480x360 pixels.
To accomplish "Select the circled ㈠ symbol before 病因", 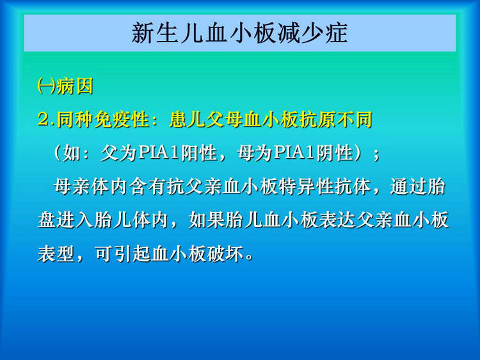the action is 47,86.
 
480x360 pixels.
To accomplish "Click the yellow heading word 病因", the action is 75,86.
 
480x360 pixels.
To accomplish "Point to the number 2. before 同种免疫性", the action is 47,120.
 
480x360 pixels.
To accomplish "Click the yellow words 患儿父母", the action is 206,120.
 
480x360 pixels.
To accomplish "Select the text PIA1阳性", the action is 177,153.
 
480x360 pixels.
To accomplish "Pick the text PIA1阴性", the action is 313,153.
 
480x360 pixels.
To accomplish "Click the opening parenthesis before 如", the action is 57,153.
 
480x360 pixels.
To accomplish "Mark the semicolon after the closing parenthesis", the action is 376,156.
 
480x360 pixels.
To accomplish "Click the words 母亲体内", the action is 91,187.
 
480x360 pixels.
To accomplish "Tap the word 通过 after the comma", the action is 408,187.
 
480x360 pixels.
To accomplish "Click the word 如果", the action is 207,220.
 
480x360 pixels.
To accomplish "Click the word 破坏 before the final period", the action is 225,254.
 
